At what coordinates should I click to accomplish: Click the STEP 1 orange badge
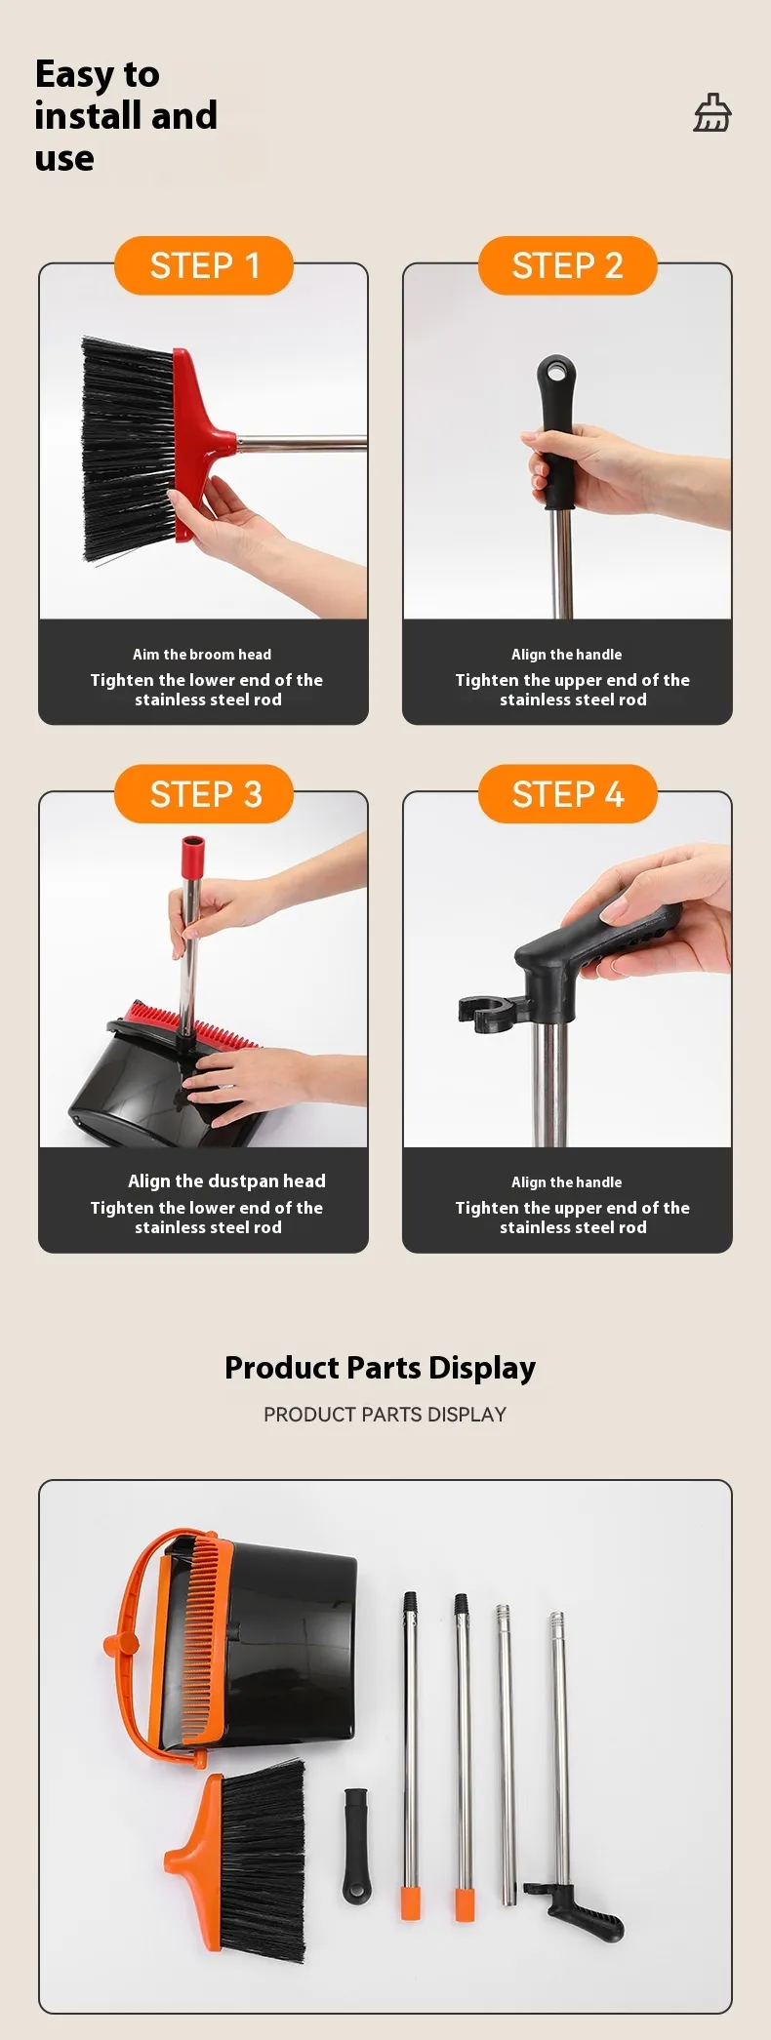[204, 265]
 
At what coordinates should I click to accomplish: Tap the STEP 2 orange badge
[567, 265]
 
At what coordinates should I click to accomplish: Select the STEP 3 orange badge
[204, 794]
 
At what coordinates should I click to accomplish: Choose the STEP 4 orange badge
[567, 794]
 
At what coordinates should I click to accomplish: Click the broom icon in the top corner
[712, 113]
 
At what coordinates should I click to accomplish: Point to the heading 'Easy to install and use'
[126, 115]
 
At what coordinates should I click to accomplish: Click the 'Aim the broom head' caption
[202, 655]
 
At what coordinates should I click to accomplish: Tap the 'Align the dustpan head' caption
[226, 1181]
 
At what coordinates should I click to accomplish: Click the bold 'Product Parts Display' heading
[380, 1368]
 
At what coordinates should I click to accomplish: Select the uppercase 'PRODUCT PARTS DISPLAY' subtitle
[385, 1415]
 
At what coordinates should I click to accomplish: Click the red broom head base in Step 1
[199, 444]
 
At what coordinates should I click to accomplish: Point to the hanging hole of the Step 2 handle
[557, 372]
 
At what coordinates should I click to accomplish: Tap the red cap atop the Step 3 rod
[192, 856]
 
